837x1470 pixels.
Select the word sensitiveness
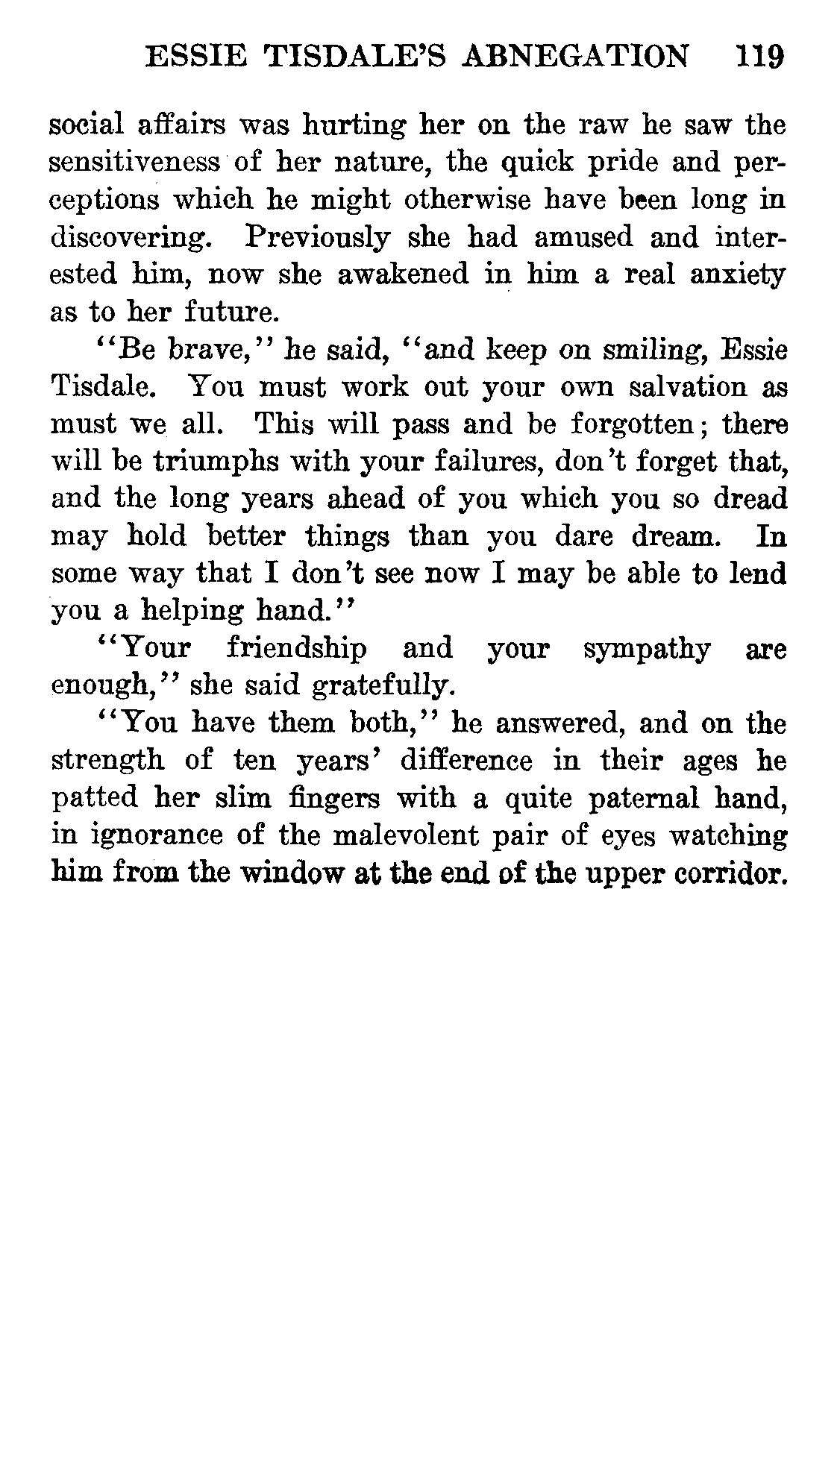pyautogui.click(x=135, y=163)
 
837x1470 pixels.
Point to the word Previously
pyautogui.click(x=317, y=238)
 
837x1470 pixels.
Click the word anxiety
pyautogui.click(x=737, y=275)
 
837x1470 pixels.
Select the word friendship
pyautogui.click(x=296, y=649)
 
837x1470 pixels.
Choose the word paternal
pyautogui.click(x=645, y=799)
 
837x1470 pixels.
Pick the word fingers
pyautogui.click(x=336, y=799)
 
